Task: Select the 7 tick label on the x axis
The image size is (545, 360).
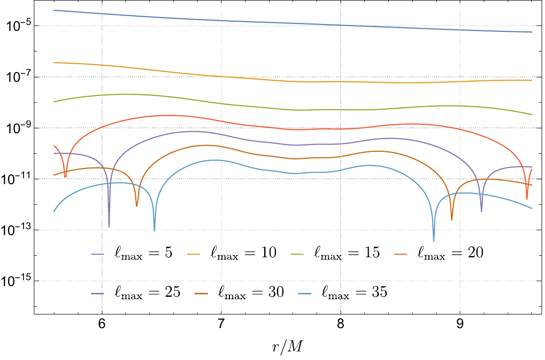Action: tap(221, 325)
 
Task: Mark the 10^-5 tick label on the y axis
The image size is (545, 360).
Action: tap(19, 25)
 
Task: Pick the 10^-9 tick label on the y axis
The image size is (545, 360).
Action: tap(19, 127)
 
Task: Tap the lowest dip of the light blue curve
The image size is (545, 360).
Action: tap(434, 240)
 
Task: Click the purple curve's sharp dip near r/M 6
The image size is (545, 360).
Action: tap(109, 226)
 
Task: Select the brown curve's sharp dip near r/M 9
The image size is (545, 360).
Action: tap(451, 219)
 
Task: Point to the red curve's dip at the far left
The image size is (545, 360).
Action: tap(65, 176)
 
